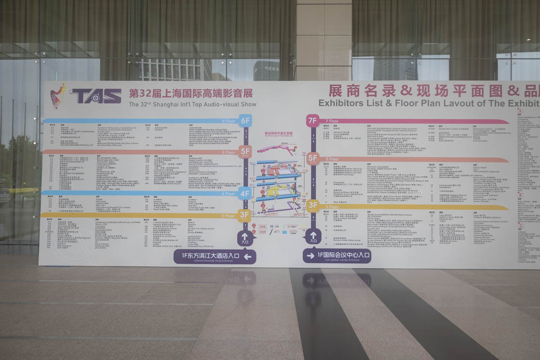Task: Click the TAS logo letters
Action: point(95,95)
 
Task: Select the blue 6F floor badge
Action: point(245,121)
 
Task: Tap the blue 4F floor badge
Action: point(245,194)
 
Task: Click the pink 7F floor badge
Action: point(312,121)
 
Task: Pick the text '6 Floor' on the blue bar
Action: point(229,121)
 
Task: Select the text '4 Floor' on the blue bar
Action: point(228,194)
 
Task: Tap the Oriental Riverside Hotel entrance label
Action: point(215,256)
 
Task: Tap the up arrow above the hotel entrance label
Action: point(245,237)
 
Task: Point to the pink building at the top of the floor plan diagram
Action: point(272,149)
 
